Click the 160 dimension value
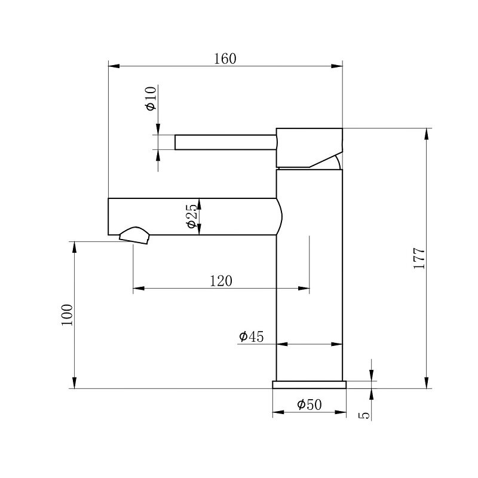click(225, 59)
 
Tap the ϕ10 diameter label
click(151, 98)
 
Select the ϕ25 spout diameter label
click(191, 216)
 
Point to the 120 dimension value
click(220, 281)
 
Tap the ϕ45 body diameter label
click(251, 337)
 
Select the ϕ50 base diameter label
click(309, 405)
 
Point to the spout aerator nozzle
click(136, 235)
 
